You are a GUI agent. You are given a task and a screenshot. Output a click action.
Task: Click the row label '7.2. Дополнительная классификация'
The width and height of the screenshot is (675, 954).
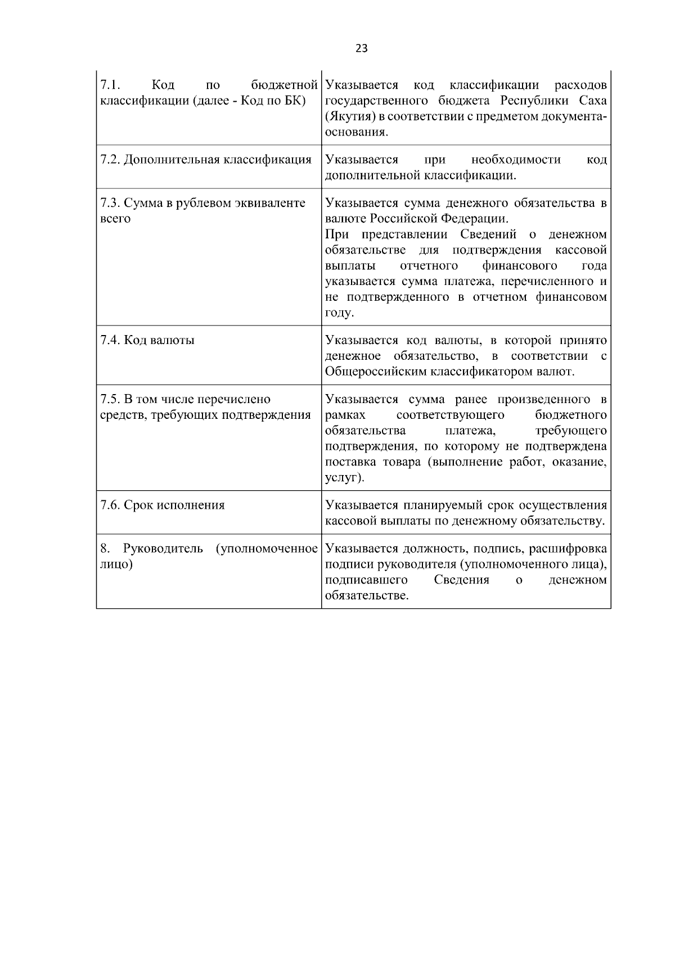tap(205, 160)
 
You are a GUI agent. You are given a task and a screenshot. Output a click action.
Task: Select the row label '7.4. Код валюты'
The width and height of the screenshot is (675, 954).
tap(147, 340)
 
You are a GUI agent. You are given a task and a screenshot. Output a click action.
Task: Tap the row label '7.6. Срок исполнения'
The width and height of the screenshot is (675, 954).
tap(162, 505)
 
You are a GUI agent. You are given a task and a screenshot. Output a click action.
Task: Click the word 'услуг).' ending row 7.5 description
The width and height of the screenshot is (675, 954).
tap(344, 478)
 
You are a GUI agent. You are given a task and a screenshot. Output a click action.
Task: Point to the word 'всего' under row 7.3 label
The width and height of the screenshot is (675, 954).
tap(115, 219)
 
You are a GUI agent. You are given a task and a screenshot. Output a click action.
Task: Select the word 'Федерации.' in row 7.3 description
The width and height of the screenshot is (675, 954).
tap(478, 219)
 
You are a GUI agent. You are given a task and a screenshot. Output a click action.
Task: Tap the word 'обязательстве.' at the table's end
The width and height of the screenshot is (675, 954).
tap(367, 596)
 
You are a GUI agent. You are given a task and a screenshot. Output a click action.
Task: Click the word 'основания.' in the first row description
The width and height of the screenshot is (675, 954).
tap(357, 133)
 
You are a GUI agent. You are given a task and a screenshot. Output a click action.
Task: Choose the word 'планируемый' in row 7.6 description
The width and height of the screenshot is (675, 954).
tap(440, 505)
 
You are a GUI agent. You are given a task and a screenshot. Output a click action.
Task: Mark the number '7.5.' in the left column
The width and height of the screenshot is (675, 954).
tap(110, 400)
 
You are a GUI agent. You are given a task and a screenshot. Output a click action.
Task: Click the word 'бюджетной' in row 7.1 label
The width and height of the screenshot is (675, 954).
tap(285, 85)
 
